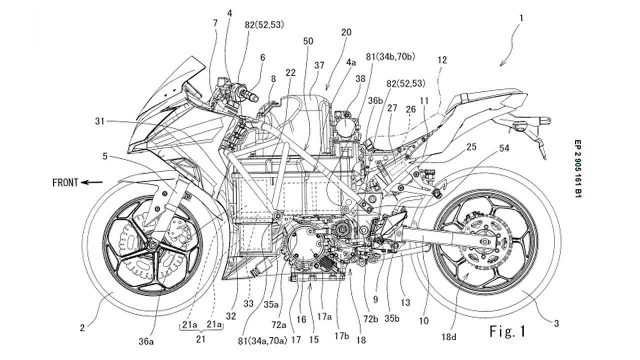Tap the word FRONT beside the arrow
click(65, 183)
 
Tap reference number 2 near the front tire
click(81, 328)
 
